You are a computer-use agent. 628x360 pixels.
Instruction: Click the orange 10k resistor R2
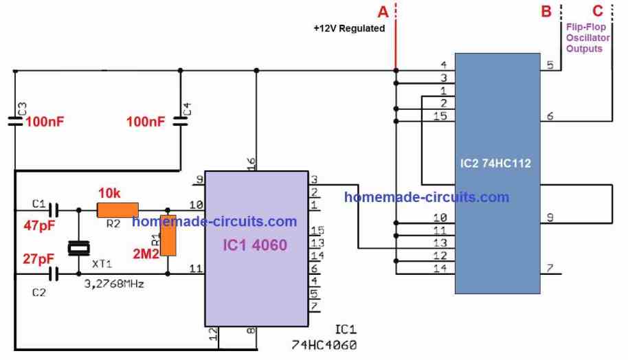(117, 210)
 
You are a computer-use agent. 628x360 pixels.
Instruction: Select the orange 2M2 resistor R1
(168, 236)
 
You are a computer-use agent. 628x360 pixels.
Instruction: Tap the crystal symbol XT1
(79, 249)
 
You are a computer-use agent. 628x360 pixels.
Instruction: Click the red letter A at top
(383, 12)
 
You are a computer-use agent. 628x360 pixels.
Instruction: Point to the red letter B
(546, 11)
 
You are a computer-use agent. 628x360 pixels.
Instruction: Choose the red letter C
(598, 11)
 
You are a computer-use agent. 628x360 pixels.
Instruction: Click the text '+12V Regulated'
(349, 28)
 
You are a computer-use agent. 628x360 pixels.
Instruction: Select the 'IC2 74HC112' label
(495, 164)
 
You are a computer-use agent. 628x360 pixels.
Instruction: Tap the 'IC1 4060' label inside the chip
(255, 245)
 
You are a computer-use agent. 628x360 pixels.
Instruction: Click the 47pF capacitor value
(39, 225)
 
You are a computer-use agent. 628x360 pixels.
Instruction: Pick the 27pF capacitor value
(38, 259)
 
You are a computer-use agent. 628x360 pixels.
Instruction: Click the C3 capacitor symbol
(15, 121)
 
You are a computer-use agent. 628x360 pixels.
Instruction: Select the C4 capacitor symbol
(180, 122)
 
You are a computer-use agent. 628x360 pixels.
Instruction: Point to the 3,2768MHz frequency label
(114, 284)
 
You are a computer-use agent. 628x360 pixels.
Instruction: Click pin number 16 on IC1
(251, 163)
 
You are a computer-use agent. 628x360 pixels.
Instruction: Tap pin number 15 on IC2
(440, 116)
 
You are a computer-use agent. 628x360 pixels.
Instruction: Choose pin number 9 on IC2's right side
(550, 217)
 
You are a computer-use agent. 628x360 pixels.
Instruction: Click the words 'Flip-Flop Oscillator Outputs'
(587, 38)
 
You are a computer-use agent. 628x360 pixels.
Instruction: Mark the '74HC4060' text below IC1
(324, 345)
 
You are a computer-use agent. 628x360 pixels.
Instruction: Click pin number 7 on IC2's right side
(550, 268)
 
